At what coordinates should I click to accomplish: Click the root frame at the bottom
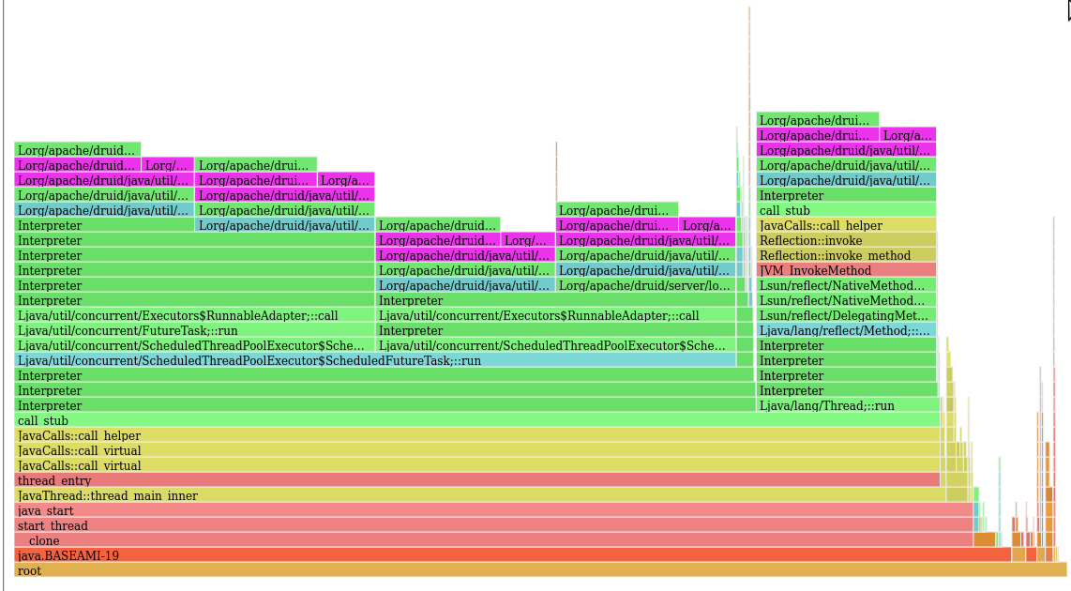pos(540,570)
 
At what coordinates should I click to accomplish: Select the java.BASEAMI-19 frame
pos(512,555)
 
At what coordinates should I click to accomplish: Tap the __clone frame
pos(493,540)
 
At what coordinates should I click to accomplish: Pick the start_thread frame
pos(493,525)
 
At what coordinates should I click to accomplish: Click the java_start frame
pos(493,510)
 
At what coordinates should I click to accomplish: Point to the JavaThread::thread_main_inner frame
pos(479,495)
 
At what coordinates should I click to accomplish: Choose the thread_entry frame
pos(477,480)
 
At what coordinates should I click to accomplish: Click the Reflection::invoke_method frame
pos(846,255)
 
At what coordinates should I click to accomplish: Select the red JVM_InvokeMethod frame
pos(846,270)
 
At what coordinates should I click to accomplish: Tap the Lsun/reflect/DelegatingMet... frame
pos(846,315)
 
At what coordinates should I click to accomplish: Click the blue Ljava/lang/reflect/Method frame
pos(846,330)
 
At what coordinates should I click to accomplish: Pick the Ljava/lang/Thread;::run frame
pos(846,405)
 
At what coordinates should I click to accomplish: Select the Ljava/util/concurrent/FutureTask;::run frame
pos(195,330)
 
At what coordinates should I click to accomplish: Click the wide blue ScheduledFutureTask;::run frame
pos(375,360)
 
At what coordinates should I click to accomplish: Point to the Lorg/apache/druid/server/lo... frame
pos(645,285)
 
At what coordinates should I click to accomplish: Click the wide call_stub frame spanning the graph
pos(477,420)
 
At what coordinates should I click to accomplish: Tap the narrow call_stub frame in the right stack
pos(846,210)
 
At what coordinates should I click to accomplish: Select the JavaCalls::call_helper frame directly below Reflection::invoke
pos(846,225)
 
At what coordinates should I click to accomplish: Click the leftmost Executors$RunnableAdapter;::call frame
pos(195,315)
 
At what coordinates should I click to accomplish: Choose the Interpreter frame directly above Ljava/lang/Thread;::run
pos(846,390)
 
